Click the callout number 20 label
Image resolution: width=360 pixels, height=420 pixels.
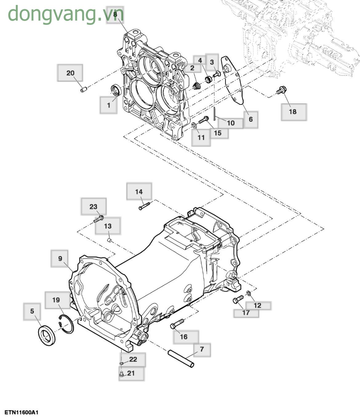70,73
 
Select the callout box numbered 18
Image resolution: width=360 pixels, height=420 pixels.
294,112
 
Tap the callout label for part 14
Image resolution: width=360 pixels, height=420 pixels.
139,192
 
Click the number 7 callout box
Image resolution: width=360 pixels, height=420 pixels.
202,349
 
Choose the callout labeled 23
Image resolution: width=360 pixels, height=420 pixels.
94,207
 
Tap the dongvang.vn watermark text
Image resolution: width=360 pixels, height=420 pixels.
66,14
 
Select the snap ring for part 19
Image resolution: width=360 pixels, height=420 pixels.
66,324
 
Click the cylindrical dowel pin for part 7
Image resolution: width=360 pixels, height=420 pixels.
181,358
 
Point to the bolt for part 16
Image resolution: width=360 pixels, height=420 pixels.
177,324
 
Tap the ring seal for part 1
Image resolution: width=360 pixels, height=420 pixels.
116,90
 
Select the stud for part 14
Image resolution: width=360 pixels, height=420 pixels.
144,205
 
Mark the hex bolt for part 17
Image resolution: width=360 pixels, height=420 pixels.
238,299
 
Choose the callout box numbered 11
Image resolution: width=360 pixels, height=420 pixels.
201,137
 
